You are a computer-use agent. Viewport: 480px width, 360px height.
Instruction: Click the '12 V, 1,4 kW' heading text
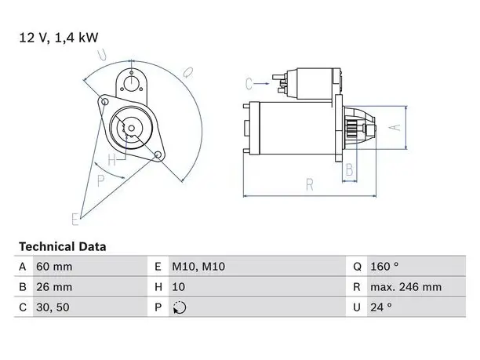click(59, 38)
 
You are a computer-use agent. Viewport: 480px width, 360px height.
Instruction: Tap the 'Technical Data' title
click(63, 246)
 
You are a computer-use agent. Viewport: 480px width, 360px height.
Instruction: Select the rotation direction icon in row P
click(180, 307)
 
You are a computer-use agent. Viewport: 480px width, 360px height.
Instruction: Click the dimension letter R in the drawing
click(310, 185)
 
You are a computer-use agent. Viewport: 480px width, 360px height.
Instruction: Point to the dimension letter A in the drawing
click(396, 127)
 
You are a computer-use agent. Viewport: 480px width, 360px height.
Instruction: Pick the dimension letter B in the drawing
click(349, 170)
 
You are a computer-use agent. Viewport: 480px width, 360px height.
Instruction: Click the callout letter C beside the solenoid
click(249, 84)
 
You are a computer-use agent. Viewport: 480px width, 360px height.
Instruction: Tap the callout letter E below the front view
click(75, 219)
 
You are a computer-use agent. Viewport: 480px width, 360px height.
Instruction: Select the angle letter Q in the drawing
click(187, 73)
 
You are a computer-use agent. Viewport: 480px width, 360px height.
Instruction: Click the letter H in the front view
click(112, 160)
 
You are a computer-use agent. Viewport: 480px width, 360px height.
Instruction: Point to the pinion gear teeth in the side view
click(351, 129)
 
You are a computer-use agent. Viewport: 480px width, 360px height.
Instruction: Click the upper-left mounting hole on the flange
click(104, 102)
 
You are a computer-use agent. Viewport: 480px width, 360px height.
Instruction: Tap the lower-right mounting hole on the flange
click(158, 155)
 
